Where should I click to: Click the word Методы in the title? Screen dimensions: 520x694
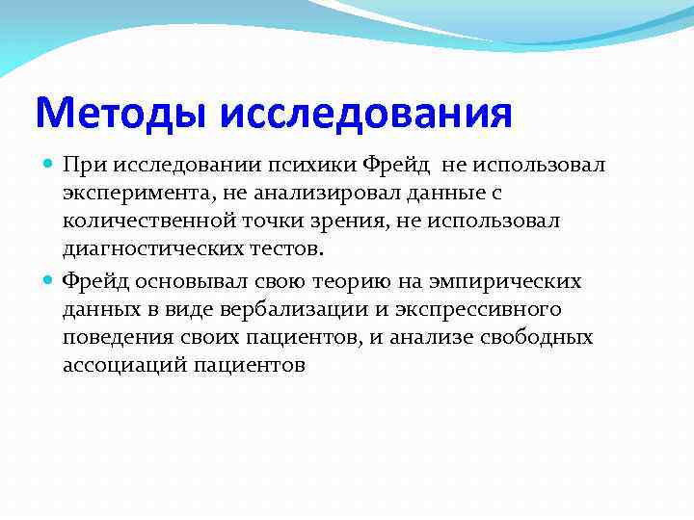click(122, 114)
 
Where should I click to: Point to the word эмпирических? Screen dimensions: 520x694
click(503, 281)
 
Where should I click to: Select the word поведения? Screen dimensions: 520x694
click(112, 337)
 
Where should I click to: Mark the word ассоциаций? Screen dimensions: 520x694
click(125, 366)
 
